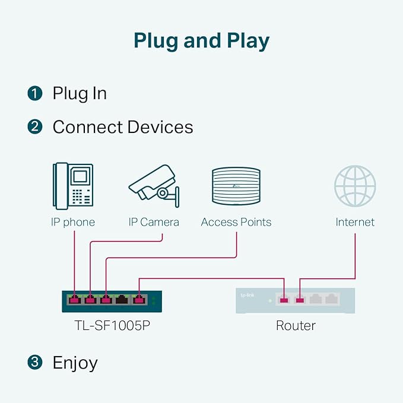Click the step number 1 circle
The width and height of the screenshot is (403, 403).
tap(34, 93)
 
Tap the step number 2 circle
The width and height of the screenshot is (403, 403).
tap(34, 126)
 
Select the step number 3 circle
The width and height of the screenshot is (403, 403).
tap(34, 362)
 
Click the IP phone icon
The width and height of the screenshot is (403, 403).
tap(73, 186)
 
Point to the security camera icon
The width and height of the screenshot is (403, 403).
tap(154, 186)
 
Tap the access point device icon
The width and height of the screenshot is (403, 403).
tap(236, 186)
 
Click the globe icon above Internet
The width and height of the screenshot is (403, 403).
tap(355, 186)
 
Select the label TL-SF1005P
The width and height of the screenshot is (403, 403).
tap(112, 325)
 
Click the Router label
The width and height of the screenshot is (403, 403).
tap(296, 326)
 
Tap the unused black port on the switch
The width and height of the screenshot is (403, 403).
tap(122, 300)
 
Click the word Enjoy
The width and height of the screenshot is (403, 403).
tap(75, 363)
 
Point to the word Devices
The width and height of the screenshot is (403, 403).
tap(160, 127)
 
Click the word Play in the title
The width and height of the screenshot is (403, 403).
tap(248, 41)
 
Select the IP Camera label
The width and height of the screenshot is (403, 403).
tap(154, 222)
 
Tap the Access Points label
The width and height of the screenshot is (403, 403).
tap(236, 222)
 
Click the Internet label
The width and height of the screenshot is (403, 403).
tap(355, 222)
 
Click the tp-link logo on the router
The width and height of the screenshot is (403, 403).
tap(247, 296)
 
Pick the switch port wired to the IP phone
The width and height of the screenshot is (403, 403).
tap(75, 300)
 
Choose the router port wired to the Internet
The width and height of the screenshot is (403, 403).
tap(300, 300)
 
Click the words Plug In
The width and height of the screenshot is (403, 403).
tap(80, 94)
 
